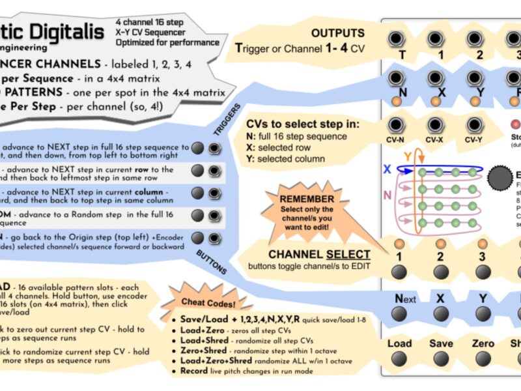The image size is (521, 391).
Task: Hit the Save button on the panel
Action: (441, 359)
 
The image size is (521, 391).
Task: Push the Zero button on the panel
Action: (483, 359)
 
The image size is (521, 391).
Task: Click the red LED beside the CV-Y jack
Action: (516, 124)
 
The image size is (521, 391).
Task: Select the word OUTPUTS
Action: (337, 33)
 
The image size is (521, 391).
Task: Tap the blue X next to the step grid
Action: (386, 169)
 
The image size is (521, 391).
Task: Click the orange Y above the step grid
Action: (408, 156)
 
